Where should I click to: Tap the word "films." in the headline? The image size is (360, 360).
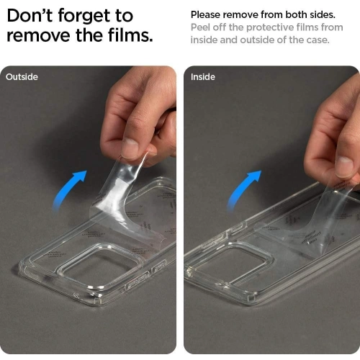[x=130, y=35]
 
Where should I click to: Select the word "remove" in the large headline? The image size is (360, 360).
[x=39, y=36]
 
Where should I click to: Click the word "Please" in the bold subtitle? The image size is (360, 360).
[x=205, y=15]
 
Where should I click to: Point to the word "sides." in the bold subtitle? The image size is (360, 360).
[x=323, y=14]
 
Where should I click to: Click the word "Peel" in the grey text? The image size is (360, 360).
[x=200, y=27]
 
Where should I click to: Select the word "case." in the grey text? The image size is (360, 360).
[x=318, y=40]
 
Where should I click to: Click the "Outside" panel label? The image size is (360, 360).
[x=22, y=77]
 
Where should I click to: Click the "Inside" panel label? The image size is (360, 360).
[x=203, y=77]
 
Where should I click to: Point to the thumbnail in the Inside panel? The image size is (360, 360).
[x=345, y=166]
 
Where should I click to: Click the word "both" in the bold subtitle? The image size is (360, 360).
[x=296, y=14]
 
